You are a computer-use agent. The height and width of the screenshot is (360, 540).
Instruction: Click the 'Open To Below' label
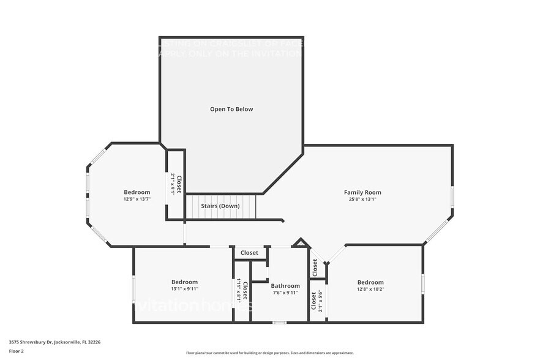(231, 110)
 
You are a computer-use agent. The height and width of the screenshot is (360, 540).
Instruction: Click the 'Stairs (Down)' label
(220, 206)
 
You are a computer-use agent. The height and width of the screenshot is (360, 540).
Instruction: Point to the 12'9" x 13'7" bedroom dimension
(137, 199)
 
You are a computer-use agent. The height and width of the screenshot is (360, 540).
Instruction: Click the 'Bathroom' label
(285, 286)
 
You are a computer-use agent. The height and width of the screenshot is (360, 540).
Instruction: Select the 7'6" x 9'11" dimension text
(285, 293)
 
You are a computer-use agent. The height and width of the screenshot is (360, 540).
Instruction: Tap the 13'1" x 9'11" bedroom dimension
(184, 289)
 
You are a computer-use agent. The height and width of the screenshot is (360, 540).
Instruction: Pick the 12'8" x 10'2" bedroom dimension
(370, 289)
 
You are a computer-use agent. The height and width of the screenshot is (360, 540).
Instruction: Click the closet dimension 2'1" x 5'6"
(319, 302)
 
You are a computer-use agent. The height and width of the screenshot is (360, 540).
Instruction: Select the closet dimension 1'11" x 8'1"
(239, 291)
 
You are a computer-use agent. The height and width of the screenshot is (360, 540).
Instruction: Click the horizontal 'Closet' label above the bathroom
(249, 253)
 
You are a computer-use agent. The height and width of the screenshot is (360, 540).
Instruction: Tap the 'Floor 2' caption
(17, 351)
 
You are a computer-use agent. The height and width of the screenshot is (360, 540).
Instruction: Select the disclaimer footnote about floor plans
(270, 353)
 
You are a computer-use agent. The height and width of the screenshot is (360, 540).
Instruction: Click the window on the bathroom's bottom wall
(279, 322)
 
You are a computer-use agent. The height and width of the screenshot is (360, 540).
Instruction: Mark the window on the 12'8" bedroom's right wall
(422, 283)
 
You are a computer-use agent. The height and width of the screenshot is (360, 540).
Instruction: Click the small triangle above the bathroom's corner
(300, 243)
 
